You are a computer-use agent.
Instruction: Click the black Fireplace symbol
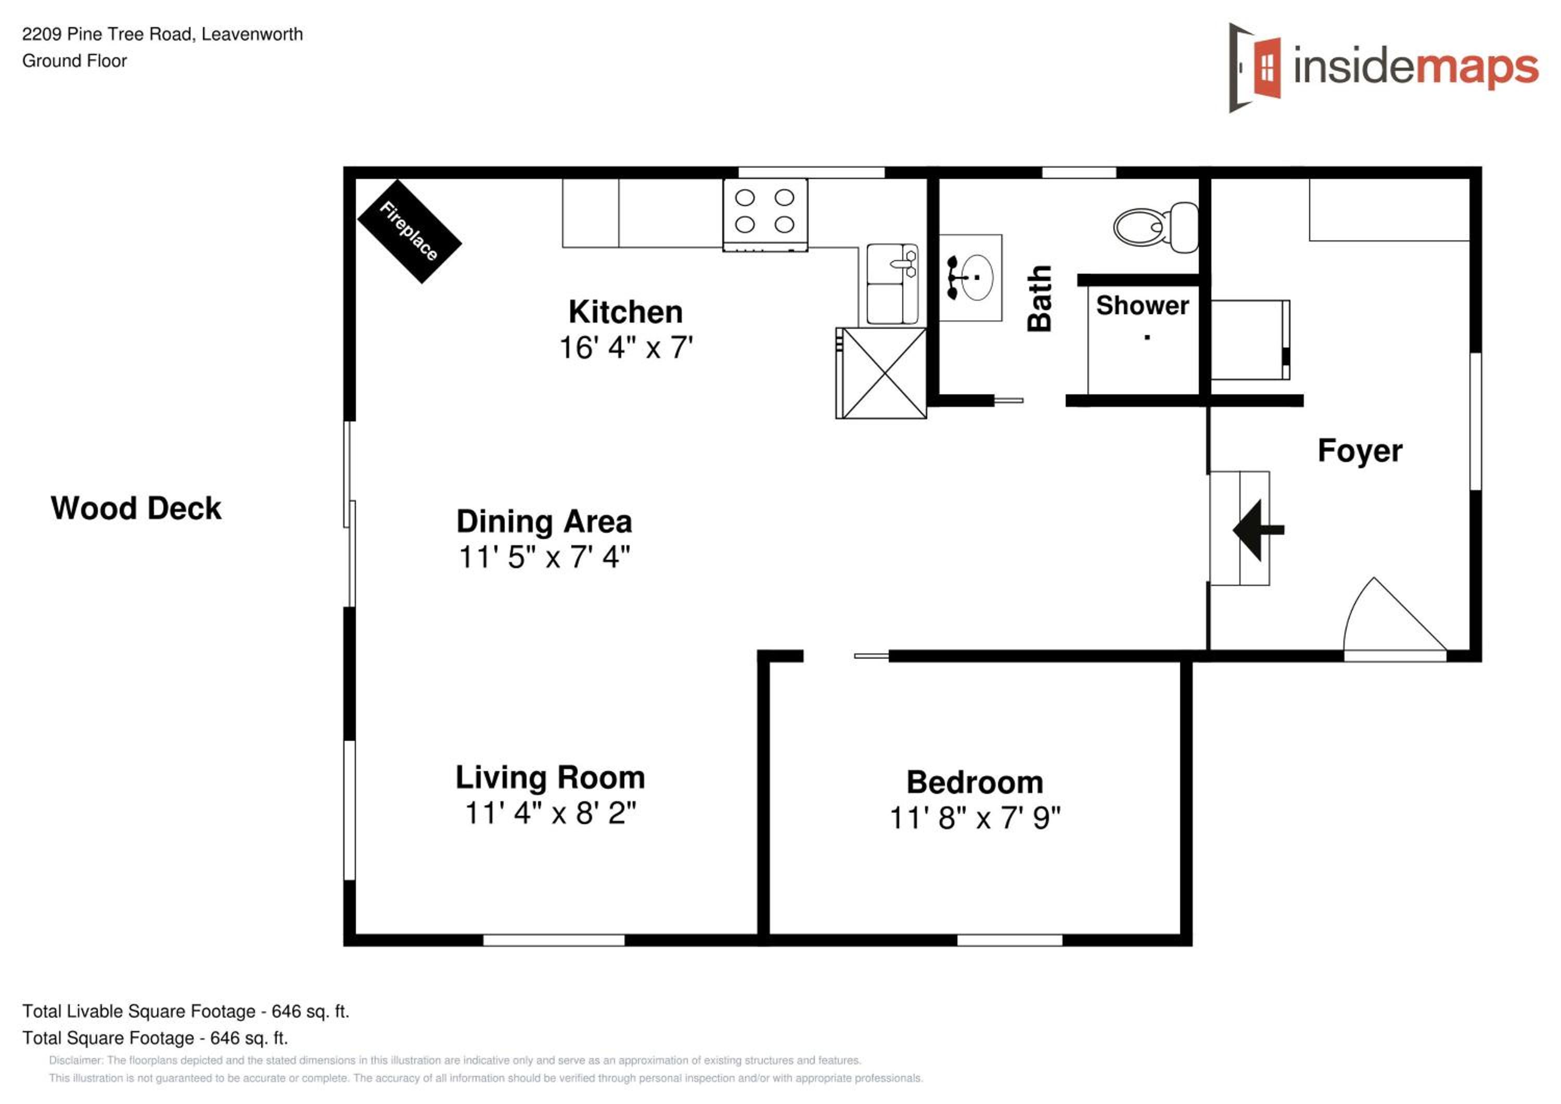point(410,231)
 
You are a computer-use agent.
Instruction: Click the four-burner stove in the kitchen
point(765,215)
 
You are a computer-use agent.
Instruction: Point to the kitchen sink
point(892,284)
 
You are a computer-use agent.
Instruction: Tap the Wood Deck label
point(136,508)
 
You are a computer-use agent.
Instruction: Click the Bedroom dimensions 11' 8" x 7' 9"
point(975,818)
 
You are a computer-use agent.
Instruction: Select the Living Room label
point(550,778)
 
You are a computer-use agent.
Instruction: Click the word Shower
point(1142,306)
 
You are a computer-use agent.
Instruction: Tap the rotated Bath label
point(1040,298)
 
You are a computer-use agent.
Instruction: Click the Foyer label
point(1360,452)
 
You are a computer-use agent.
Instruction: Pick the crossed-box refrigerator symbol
point(881,373)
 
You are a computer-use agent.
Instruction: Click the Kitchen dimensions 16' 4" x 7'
point(625,348)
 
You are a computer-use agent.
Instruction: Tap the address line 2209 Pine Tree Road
point(162,34)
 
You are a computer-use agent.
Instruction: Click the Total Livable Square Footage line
point(186,1011)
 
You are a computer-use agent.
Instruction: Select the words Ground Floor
point(75,61)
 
